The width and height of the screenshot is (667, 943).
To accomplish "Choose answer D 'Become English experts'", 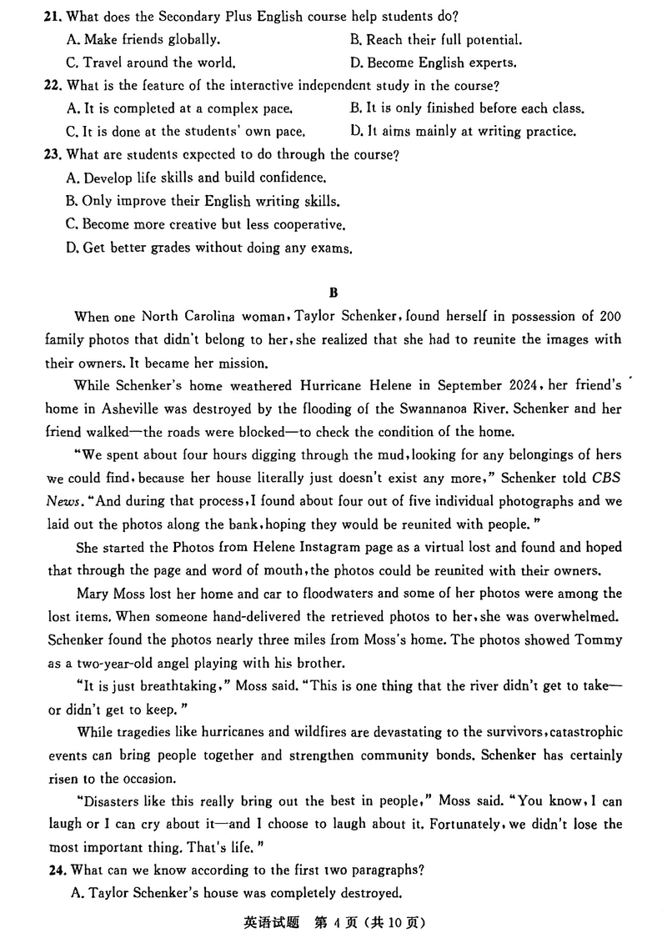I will (x=442, y=63).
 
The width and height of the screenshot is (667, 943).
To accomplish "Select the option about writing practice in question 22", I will (x=463, y=131).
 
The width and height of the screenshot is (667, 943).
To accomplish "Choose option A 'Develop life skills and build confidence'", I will (x=195, y=178).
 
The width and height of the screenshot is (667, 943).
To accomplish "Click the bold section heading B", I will (x=333, y=293).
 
